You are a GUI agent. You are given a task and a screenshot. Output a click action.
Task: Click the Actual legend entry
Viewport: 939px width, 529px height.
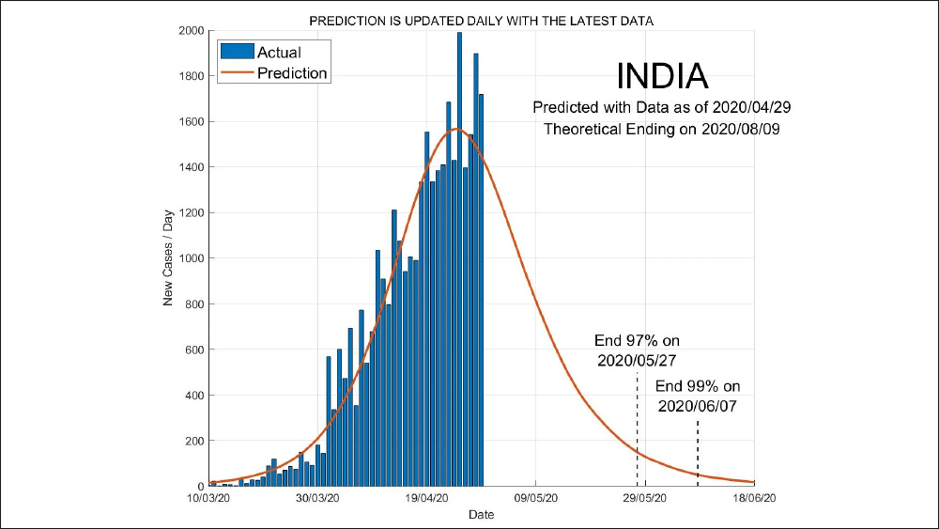(278, 53)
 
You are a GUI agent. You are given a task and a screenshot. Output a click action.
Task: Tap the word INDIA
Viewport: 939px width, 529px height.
(662, 76)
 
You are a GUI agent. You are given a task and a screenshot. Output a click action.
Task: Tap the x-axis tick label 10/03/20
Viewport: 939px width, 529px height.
(208, 498)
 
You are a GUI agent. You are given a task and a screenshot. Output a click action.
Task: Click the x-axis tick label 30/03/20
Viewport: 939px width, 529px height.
(317, 498)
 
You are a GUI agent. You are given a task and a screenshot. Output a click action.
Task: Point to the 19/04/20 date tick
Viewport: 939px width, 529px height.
(426, 498)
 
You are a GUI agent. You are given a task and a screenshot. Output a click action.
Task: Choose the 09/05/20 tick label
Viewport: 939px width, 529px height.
(535, 498)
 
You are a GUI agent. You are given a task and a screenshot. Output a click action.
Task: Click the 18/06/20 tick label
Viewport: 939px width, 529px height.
(753, 498)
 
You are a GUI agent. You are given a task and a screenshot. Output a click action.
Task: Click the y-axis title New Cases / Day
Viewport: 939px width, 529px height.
(170, 258)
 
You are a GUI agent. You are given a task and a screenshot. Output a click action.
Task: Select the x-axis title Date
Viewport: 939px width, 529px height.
(481, 515)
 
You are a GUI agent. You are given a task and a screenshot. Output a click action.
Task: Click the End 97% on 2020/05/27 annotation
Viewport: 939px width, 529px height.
(637, 350)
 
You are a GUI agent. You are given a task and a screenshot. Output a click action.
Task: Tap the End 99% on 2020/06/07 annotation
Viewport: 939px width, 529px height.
(698, 396)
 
